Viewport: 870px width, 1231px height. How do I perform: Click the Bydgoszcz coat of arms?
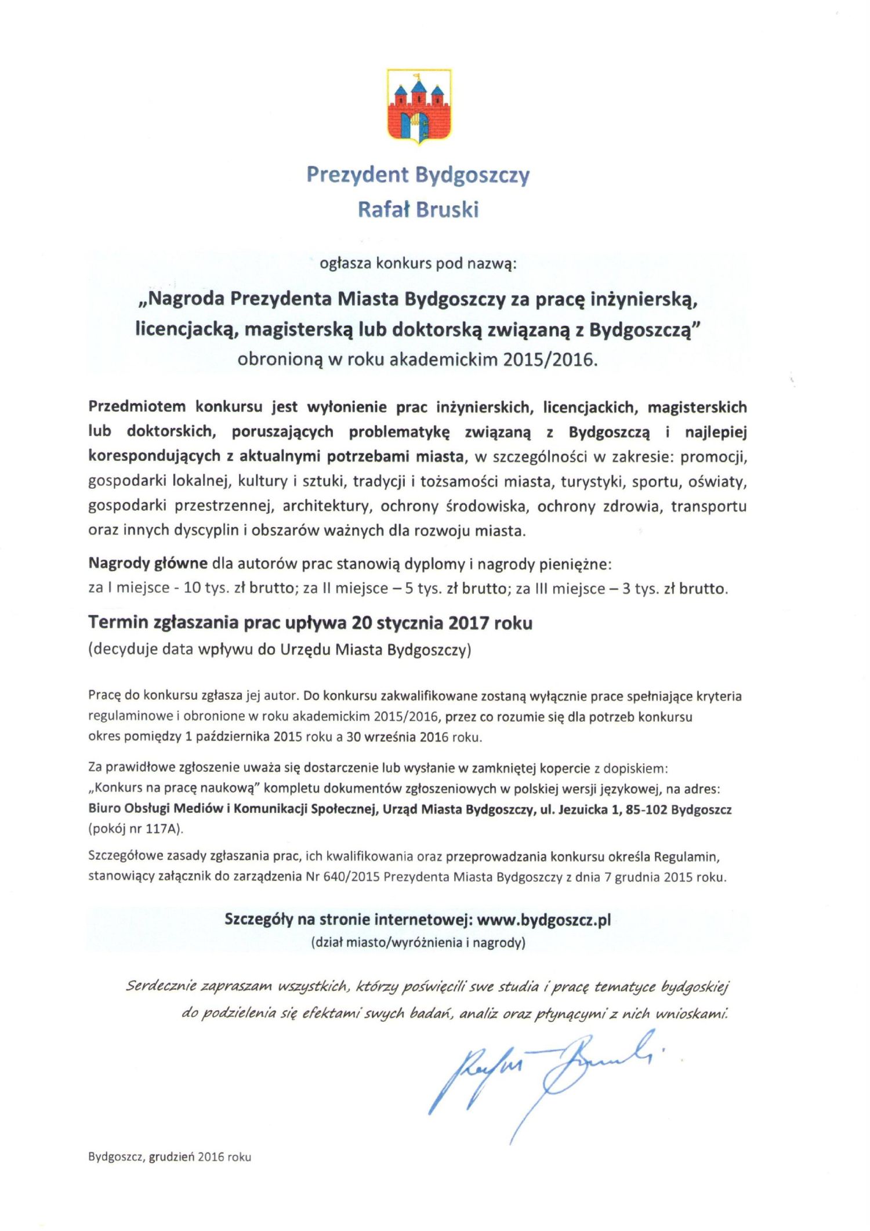(419, 105)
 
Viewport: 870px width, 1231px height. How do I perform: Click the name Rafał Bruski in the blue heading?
(418, 209)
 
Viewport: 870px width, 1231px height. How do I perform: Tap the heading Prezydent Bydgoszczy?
(418, 175)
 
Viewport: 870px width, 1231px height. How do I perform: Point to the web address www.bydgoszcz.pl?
(544, 920)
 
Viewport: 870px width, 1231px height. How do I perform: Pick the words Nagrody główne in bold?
(148, 563)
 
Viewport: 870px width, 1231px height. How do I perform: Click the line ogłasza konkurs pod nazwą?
(418, 263)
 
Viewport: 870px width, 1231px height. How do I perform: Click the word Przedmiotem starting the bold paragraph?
(137, 406)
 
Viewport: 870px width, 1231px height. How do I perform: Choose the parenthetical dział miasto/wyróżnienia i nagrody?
(418, 942)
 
